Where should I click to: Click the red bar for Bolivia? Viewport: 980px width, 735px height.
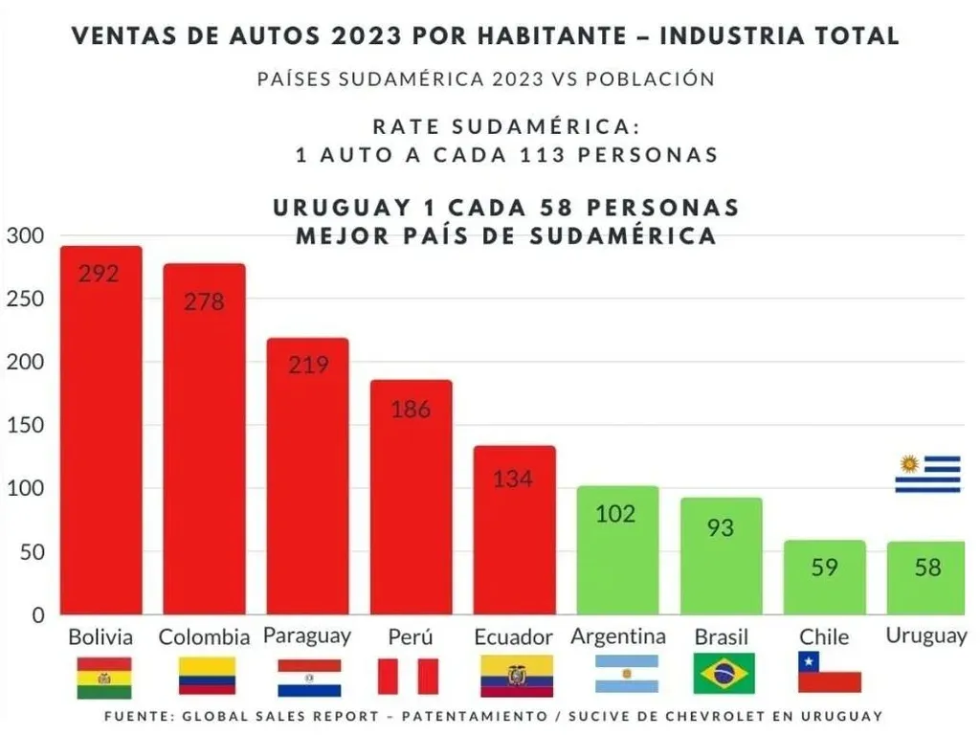pos(100,431)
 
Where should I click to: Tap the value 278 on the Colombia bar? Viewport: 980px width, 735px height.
pos(204,301)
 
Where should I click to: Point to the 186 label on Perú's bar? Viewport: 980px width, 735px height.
pos(411,410)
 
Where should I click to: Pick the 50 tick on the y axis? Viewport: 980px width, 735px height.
pos(31,552)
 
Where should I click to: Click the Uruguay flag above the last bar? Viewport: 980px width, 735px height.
pos(927,474)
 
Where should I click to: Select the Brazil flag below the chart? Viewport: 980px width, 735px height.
pos(724,673)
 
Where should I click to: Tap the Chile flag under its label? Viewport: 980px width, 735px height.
pos(829,672)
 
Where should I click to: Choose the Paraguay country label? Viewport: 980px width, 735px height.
pos(306,635)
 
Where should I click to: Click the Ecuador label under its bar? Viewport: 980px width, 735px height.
pos(513,637)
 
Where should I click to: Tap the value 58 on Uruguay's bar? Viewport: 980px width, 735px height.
pos(927,568)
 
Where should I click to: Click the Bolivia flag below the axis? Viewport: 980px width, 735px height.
pos(103,677)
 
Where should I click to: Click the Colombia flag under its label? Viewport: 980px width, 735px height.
pos(206,676)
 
